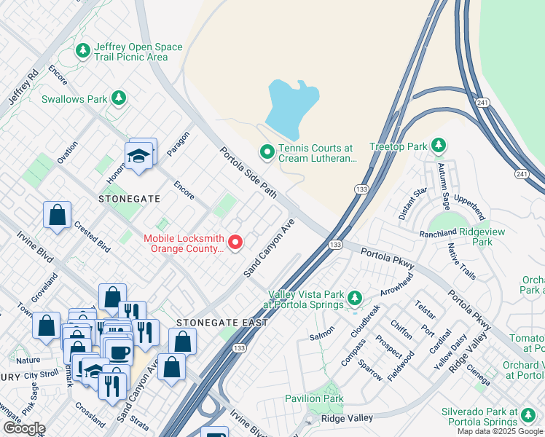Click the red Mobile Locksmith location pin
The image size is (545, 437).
click(235, 242)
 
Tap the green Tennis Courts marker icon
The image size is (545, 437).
click(267, 152)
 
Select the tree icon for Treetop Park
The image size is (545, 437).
click(439, 146)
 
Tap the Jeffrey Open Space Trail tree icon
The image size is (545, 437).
click(82, 51)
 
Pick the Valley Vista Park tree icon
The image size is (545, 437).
click(355, 298)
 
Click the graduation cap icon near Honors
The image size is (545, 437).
click(138, 155)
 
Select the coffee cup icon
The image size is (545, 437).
click(118, 353)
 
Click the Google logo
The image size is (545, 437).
click(24, 428)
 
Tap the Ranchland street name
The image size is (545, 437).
click(437, 234)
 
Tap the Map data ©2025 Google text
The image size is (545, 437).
click(499, 431)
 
